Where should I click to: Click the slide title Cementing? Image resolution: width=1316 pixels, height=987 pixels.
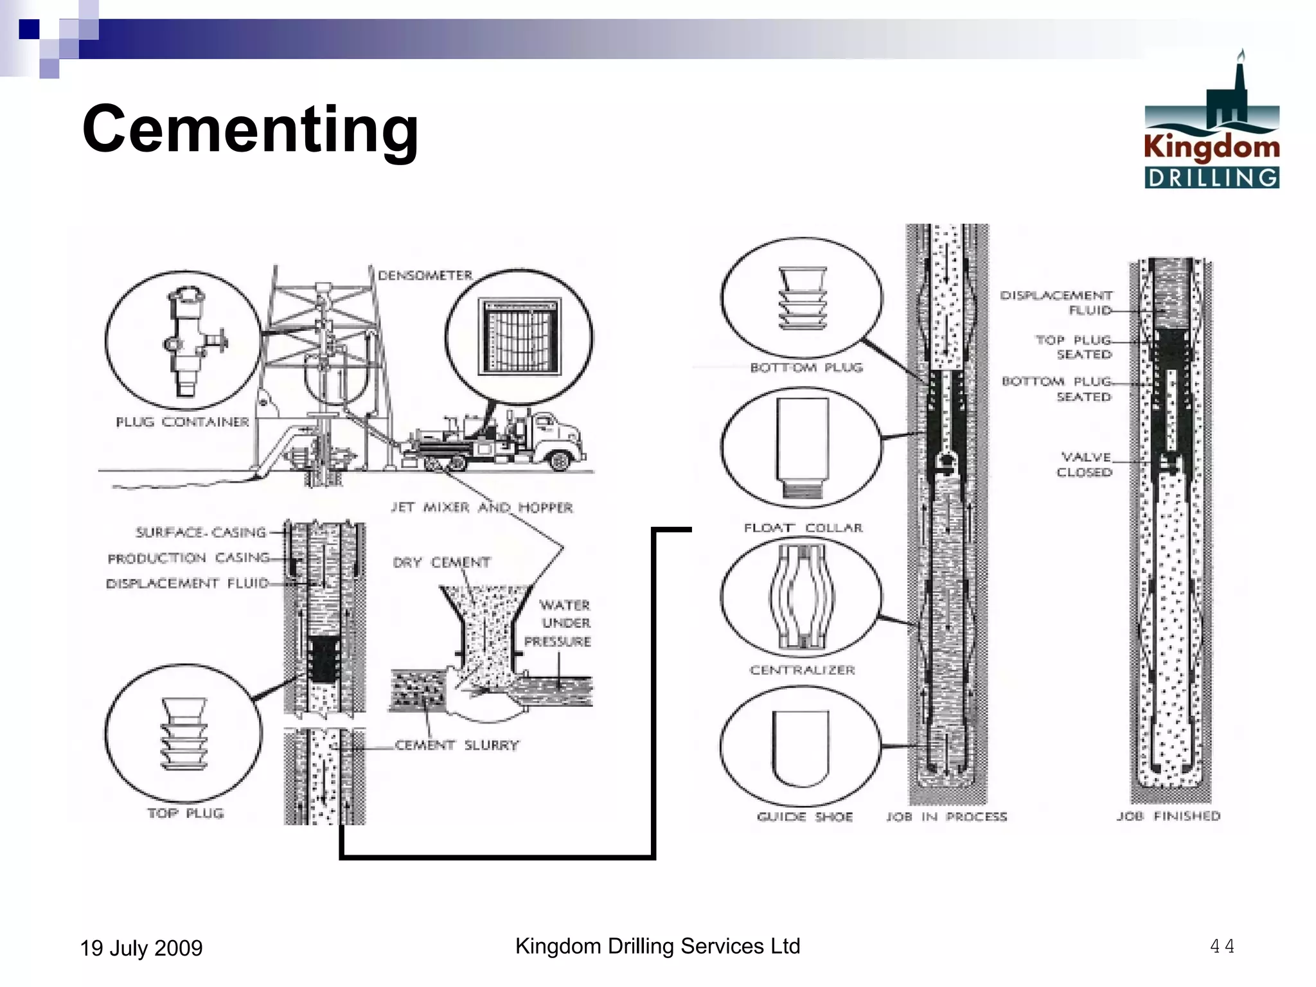pyautogui.click(x=251, y=130)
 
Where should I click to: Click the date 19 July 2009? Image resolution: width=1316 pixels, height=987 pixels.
pyautogui.click(x=141, y=948)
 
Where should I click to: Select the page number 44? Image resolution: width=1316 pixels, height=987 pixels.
pyautogui.click(x=1222, y=946)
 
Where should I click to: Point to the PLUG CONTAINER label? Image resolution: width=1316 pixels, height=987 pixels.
pyautogui.click(x=182, y=422)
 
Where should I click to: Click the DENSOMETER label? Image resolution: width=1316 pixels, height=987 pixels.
pyautogui.click(x=425, y=276)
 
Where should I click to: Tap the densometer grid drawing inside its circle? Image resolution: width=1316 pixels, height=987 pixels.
pyautogui.click(x=519, y=336)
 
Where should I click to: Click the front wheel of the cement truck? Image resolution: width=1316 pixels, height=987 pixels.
pyautogui.click(x=559, y=460)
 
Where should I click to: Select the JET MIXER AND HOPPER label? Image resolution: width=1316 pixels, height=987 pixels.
pyautogui.click(x=482, y=508)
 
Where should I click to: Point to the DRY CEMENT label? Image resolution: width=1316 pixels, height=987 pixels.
pyautogui.click(x=441, y=562)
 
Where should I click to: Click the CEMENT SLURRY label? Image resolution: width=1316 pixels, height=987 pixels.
pyautogui.click(x=456, y=745)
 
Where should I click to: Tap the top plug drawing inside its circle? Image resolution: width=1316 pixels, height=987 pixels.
pyautogui.click(x=184, y=734)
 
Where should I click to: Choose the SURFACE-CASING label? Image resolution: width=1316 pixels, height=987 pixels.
pyautogui.click(x=200, y=532)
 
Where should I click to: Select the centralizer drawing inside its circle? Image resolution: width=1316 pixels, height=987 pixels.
pyautogui.click(x=801, y=597)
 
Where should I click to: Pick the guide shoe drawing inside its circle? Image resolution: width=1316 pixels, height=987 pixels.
pyautogui.click(x=801, y=748)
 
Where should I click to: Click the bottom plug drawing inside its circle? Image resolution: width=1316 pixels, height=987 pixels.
pyautogui.click(x=802, y=298)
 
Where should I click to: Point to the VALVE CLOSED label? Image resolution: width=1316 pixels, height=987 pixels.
pyautogui.click(x=1085, y=465)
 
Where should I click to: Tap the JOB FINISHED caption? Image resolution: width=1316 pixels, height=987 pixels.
pyautogui.click(x=1168, y=816)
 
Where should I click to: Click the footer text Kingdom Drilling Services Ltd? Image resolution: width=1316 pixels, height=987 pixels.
pyautogui.click(x=657, y=946)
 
